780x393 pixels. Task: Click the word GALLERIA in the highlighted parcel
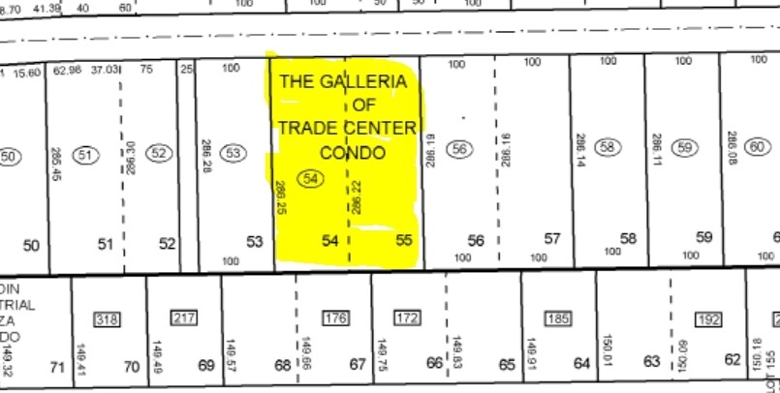368,82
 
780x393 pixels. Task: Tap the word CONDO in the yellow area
353,153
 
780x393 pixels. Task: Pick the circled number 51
86,155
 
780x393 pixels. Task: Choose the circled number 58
608,148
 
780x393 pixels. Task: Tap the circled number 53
234,153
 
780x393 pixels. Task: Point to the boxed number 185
557,317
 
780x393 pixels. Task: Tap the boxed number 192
708,318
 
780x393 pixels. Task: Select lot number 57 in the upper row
552,239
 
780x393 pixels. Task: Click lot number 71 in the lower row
57,366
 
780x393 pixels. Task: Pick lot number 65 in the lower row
507,365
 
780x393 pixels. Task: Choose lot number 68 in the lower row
282,366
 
